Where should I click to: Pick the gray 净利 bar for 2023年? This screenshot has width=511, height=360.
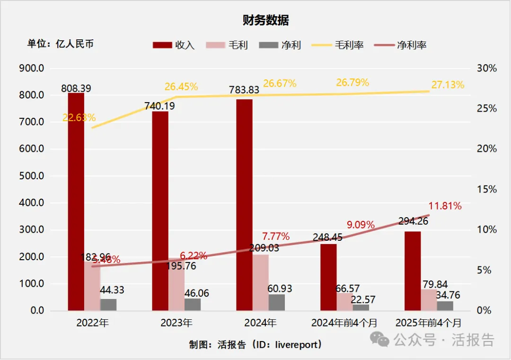(193, 305)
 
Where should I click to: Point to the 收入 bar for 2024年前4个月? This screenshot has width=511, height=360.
(328, 277)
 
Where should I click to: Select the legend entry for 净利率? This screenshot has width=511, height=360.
(400, 45)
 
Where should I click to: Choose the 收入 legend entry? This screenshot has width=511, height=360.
(174, 45)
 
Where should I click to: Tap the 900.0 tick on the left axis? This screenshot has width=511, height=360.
(32, 68)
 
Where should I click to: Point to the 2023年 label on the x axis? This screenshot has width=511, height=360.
(176, 323)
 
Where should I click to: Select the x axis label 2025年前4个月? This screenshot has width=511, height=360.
(428, 323)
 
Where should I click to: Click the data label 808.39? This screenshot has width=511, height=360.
(76, 88)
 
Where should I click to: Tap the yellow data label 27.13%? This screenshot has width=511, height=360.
(448, 85)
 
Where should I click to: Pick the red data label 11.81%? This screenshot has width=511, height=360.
(445, 206)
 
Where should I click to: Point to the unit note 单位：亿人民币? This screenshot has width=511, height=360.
(60, 44)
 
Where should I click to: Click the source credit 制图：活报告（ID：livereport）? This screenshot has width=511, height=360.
(255, 344)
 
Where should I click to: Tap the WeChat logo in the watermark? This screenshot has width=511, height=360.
(380, 339)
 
